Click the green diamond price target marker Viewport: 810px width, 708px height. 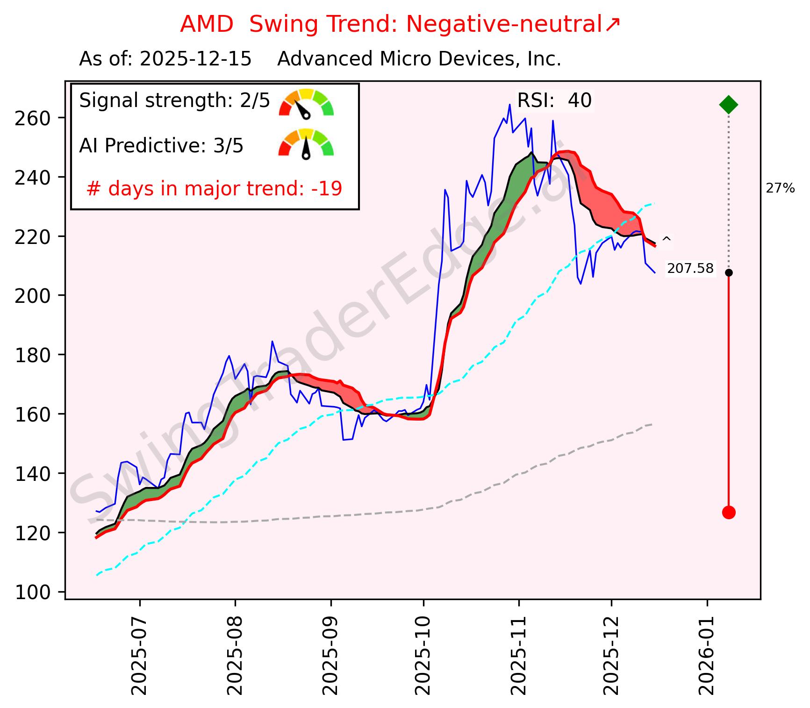click(x=728, y=105)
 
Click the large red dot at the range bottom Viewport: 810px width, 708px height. click(x=728, y=513)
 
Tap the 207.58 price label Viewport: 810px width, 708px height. click(x=690, y=269)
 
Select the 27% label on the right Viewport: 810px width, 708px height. click(x=780, y=189)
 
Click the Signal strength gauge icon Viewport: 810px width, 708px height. click(x=306, y=103)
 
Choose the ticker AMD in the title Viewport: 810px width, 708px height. click(x=207, y=24)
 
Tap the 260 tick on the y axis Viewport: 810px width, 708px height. click(x=32, y=118)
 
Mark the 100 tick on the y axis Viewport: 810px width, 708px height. click(x=32, y=593)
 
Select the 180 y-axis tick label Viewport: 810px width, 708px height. click(x=32, y=355)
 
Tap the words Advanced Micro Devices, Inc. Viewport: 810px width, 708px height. click(x=419, y=59)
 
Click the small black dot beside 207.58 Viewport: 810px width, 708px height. click(x=728, y=272)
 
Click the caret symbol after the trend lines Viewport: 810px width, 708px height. click(x=667, y=240)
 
